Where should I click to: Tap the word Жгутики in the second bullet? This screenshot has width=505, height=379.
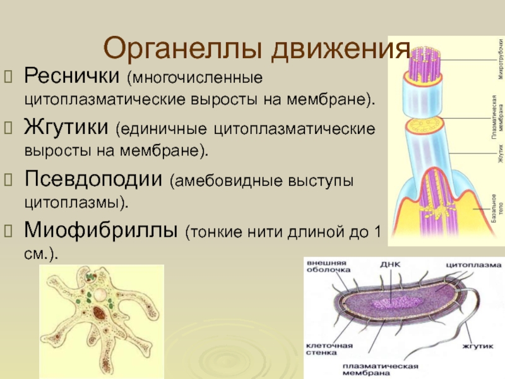66,129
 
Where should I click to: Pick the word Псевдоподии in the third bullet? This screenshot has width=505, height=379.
93,179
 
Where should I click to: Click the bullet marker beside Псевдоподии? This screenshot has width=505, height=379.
9,179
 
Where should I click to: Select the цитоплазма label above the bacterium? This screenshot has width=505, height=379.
473,264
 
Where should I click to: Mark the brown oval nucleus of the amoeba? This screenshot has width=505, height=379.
100,314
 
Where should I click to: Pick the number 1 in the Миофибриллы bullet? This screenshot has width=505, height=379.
377,231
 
